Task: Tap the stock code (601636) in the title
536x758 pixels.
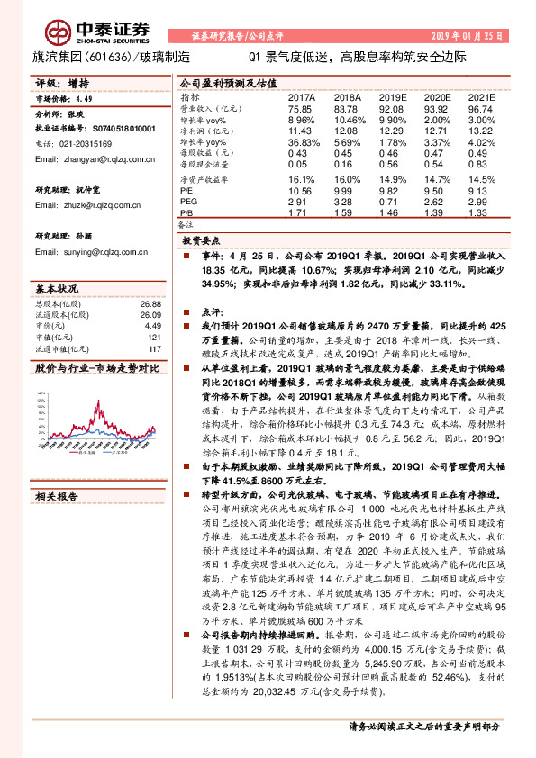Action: tap(114, 57)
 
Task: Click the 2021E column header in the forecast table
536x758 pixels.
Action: tap(482, 96)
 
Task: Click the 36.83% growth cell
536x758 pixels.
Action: tap(303, 142)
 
